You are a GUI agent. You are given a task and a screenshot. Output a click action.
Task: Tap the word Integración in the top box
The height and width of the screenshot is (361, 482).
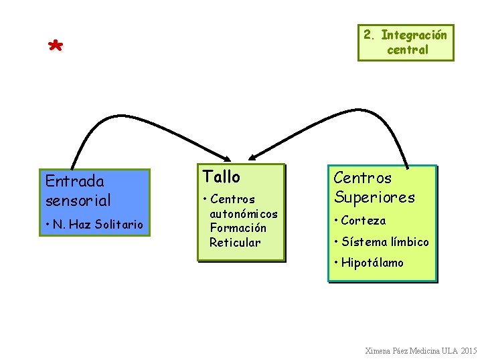tap(414, 35)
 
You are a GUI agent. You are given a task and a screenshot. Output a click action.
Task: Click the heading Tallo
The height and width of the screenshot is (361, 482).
tap(221, 176)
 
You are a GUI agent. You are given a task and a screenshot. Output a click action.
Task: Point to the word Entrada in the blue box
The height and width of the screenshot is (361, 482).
tap(74, 181)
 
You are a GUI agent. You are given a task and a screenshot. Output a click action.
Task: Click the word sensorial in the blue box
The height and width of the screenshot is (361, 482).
tap(78, 200)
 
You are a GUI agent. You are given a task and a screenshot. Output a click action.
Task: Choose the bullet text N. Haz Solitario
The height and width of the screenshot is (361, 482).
tap(97, 225)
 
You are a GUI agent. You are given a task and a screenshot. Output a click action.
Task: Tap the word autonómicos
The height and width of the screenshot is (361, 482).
tap(244, 214)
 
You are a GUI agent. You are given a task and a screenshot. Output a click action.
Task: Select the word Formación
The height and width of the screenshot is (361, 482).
tap(238, 228)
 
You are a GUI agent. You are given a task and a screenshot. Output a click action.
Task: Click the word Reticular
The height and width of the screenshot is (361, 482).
tap(235, 242)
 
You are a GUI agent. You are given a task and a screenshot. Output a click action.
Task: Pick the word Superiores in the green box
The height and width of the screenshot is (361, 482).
tap(374, 197)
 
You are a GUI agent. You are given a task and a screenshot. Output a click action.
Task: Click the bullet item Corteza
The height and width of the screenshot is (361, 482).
tap(363, 221)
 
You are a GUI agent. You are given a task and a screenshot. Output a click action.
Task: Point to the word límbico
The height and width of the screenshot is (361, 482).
tap(407, 241)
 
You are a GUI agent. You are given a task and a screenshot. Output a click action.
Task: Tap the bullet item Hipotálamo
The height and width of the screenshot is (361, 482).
tap(372, 263)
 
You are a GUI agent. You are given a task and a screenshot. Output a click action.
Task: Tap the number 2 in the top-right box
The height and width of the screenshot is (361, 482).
tap(368, 35)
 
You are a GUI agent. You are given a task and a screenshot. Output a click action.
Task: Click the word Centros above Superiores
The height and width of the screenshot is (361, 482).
tap(362, 178)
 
